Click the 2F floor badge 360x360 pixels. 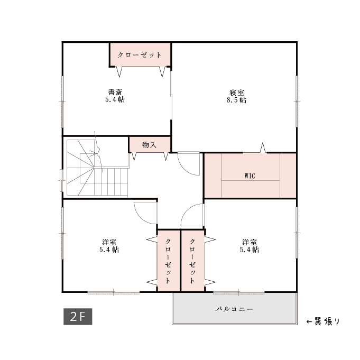[78, 317]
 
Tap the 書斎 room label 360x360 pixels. [115, 93]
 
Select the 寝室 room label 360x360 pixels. [237, 93]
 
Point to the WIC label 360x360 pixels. [250, 176]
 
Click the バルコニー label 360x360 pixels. [234, 309]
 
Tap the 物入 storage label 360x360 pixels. [149, 145]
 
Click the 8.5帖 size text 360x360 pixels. [236, 100]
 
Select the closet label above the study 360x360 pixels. [140, 55]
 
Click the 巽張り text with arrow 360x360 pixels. [323, 321]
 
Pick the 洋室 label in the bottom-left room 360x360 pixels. [109, 242]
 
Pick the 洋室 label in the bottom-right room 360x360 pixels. [250, 242]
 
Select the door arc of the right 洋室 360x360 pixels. [185, 211]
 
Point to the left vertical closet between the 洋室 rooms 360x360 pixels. [169, 261]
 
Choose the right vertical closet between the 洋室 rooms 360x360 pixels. [193, 261]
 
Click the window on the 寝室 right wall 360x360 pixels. [297, 101]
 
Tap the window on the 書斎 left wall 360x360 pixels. [62, 101]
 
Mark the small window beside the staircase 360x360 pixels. [61, 180]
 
